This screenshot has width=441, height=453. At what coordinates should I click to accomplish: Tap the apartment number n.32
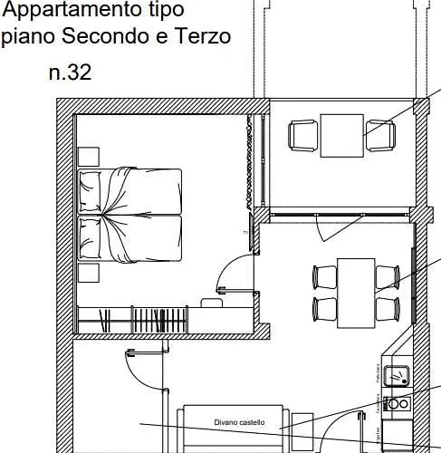(70, 72)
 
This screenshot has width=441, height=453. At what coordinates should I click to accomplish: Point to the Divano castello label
(239, 422)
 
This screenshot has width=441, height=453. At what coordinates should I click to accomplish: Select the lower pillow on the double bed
(90, 238)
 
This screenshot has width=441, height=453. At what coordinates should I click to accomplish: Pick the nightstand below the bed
(88, 273)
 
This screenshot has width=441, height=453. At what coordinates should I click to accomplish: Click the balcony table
(342, 135)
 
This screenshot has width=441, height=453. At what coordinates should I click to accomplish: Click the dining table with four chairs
(356, 292)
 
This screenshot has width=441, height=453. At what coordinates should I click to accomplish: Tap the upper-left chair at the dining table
(323, 275)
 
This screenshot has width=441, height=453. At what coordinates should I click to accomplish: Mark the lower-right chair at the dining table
(388, 307)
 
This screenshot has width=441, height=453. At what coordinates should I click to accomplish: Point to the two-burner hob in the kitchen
(396, 404)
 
